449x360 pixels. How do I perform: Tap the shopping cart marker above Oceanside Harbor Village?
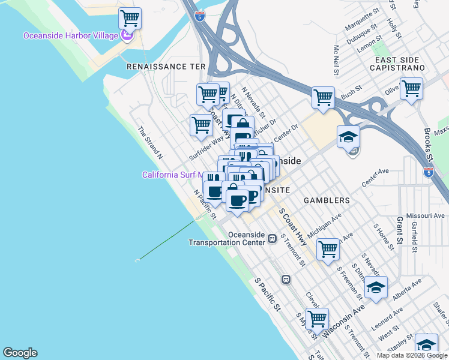tap(130, 19)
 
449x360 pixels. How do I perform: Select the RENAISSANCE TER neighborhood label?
tap(166, 67)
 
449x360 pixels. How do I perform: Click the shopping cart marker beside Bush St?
tap(323, 97)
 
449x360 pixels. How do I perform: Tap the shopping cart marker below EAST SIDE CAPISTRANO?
tap(411, 88)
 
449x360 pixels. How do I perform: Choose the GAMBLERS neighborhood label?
tap(327, 200)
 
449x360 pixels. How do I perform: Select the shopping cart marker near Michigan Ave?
tap(328, 248)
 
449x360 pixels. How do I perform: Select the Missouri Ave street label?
tap(426, 215)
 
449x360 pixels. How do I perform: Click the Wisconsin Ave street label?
tap(343, 321)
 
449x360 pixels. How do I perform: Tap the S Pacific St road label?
tap(268, 294)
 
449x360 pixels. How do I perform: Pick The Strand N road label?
tap(150, 142)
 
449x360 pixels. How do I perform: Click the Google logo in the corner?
tap(20, 353)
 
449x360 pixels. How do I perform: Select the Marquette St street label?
tap(363, 19)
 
